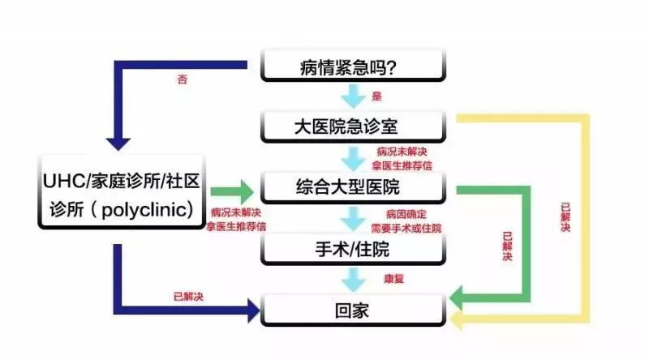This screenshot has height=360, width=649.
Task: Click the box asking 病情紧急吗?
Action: (353, 66)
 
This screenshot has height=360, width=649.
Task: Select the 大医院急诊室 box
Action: (353, 126)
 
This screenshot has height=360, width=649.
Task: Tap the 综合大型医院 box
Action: (353, 187)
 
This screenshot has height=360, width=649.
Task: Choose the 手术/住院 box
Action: (353, 249)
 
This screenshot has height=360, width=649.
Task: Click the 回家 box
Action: (353, 311)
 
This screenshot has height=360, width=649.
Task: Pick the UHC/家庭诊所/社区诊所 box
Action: (122, 192)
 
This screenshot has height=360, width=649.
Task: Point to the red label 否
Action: (182, 79)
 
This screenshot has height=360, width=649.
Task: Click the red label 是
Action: (376, 96)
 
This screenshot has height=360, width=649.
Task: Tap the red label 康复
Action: (393, 278)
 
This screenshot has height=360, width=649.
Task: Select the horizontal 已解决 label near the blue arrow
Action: (188, 296)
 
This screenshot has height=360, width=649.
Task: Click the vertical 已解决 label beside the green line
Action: (508, 246)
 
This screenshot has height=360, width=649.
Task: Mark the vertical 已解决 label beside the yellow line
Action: (565, 216)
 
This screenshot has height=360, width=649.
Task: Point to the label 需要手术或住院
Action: (406, 228)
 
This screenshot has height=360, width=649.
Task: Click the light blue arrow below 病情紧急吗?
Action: (353, 96)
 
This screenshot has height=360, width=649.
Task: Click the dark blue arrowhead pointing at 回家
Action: (254, 311)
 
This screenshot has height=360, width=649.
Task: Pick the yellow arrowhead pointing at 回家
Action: (456, 319)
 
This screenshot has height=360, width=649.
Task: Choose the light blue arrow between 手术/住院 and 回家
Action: (353, 280)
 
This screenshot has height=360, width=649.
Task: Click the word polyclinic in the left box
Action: (144, 210)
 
